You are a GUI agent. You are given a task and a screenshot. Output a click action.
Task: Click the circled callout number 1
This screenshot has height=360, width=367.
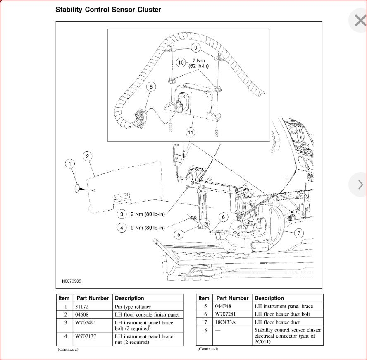coord(70,164)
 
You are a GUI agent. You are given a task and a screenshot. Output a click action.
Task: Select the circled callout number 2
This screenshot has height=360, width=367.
coord(88,156)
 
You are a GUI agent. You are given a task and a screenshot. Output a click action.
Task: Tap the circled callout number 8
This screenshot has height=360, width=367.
coord(151,86)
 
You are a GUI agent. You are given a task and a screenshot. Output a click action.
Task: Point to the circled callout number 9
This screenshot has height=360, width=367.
coord(196,48)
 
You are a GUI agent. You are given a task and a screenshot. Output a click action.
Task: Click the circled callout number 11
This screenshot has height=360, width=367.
coord(191,132)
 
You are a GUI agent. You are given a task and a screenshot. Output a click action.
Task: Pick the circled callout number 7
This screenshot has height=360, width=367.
coord(298,233)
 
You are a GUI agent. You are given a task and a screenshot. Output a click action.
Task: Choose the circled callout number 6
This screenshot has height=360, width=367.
coord(223,217)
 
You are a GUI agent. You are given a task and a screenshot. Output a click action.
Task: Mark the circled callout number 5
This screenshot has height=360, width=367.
coord(179,235)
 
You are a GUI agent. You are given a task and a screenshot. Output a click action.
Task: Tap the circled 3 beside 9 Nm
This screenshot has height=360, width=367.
coord(122,214)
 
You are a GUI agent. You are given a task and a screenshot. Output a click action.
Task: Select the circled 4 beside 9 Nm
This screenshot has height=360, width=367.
coord(122,228)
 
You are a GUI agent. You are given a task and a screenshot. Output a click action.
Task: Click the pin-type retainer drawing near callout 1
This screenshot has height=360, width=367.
coord(78,188)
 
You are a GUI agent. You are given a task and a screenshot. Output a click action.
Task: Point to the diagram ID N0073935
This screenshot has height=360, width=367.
coord(71,281)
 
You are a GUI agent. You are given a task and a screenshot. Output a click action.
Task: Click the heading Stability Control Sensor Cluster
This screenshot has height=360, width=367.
coord(108,9)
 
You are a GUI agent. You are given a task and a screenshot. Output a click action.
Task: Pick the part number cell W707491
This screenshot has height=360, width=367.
coord(86,323)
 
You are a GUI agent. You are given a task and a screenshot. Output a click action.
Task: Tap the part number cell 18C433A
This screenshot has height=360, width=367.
coord(226,322)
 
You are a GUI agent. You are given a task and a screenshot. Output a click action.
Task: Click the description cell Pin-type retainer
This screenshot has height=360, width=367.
coord(133,307)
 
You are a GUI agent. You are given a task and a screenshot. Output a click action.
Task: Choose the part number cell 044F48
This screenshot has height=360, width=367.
coord(223,306)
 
